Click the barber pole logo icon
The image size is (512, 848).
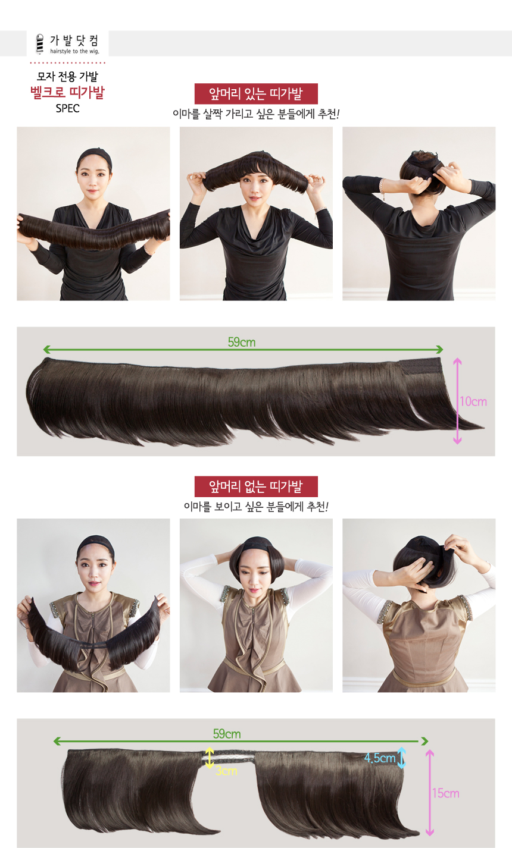40,44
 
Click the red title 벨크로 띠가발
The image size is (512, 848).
67,92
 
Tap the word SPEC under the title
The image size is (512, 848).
67,109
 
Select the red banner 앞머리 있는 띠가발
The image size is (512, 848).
256,94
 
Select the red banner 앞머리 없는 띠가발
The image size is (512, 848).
256,486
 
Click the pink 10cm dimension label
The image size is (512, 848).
473,401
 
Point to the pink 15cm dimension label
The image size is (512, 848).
446,793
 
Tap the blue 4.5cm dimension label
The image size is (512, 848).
380,758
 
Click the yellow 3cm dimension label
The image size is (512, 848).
226,771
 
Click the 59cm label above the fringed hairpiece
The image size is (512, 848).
241,342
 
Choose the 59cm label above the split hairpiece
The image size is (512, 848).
227,734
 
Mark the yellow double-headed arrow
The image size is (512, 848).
209,758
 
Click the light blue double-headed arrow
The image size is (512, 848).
401,758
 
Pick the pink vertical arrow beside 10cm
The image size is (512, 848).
457,401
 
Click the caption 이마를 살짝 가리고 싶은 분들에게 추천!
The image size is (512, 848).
256,114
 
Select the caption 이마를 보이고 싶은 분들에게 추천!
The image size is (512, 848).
256,506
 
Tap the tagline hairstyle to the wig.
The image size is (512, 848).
74,51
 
